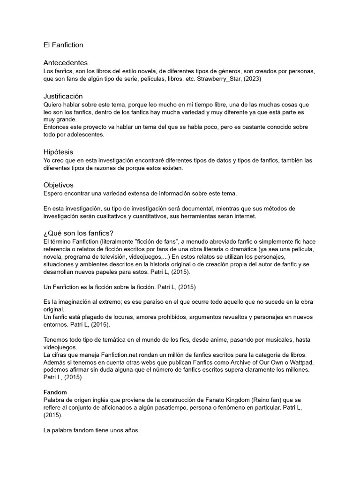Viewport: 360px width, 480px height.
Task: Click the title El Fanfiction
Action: click(x=63, y=45)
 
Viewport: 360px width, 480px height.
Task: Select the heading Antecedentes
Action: click(x=65, y=63)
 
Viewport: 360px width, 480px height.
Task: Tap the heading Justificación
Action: click(x=63, y=96)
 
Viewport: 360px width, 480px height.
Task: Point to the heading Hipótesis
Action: click(x=58, y=152)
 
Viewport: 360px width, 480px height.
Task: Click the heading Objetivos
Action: click(x=58, y=185)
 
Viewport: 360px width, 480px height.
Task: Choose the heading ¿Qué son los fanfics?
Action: click(x=78, y=233)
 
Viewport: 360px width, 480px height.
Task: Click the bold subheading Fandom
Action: click(x=55, y=392)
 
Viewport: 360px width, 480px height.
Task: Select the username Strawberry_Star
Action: click(x=217, y=79)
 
